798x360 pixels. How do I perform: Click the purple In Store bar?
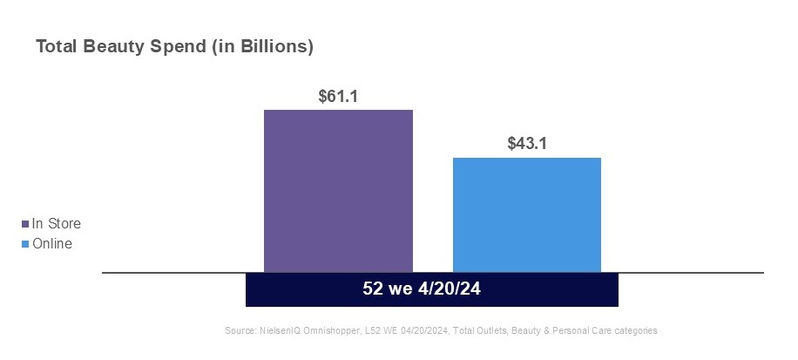(x=338, y=191)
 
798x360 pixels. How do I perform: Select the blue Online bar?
(x=527, y=214)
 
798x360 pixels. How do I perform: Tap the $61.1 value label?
(x=339, y=96)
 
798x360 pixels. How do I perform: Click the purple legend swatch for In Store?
(x=24, y=225)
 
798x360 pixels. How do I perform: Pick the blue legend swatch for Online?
(x=24, y=244)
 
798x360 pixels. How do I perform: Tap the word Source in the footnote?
(x=240, y=331)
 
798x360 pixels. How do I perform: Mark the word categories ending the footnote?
(x=635, y=331)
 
